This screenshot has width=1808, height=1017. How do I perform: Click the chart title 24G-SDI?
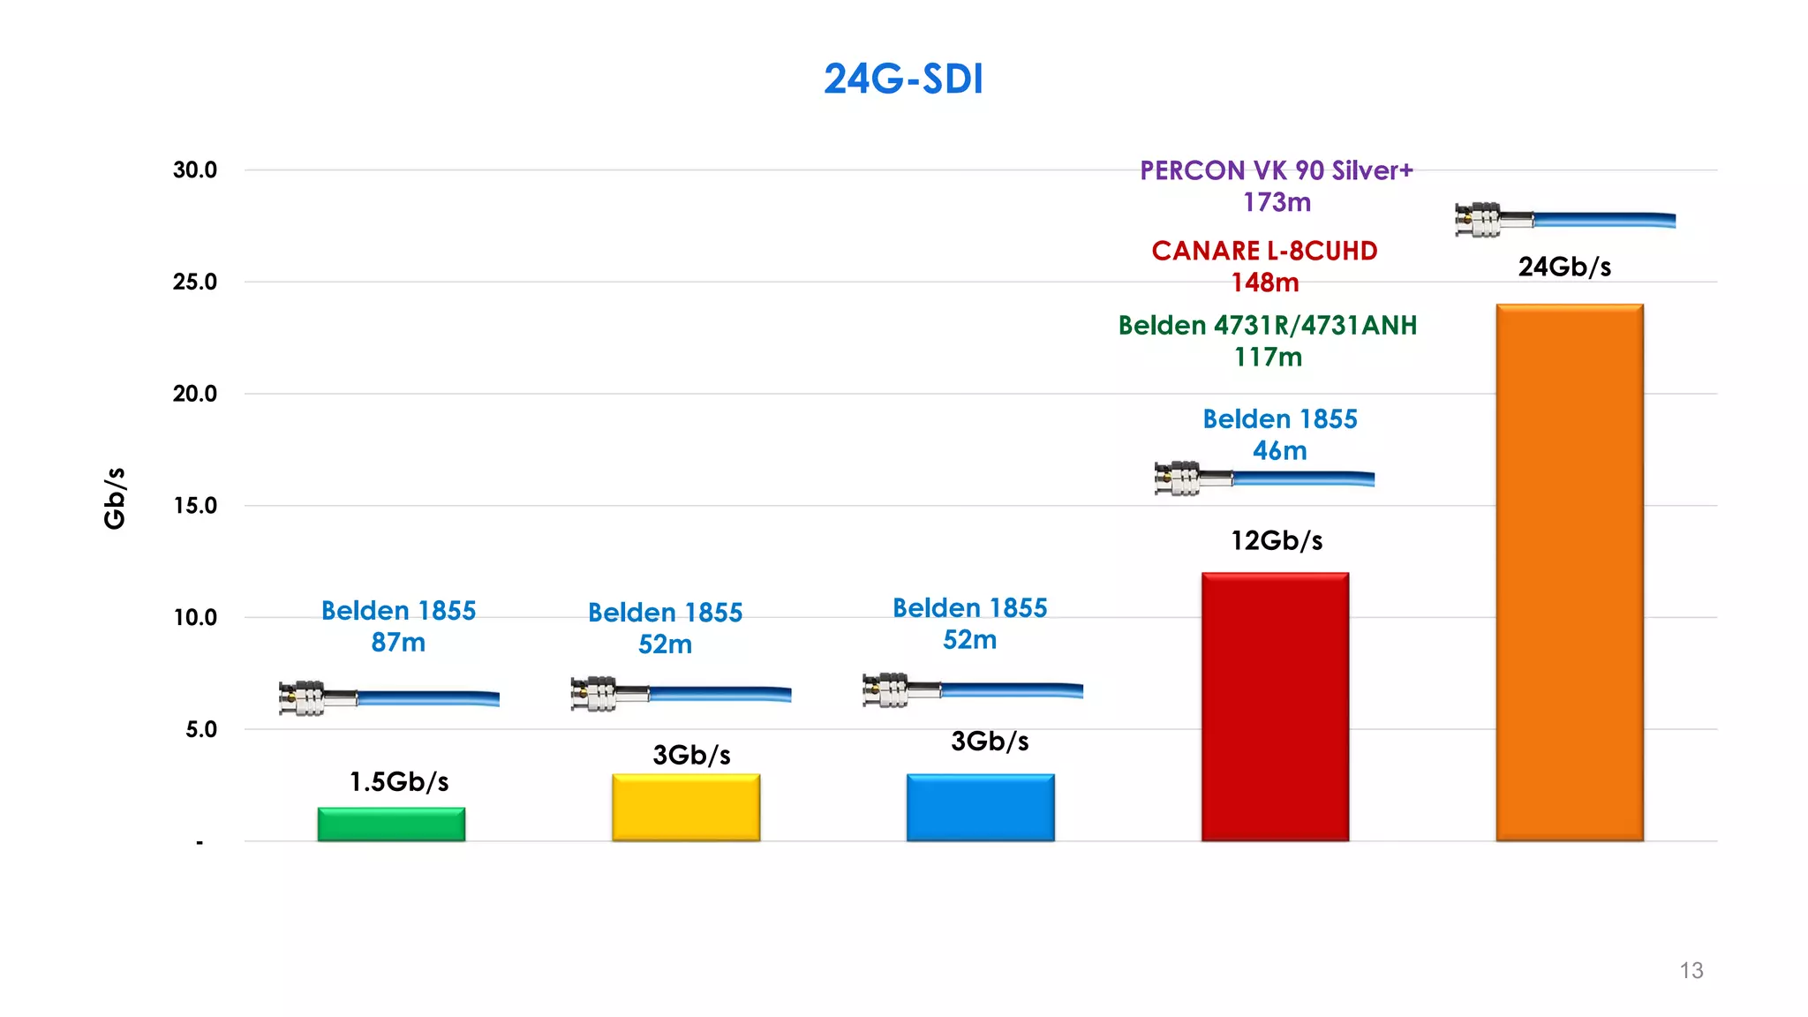pos(903,79)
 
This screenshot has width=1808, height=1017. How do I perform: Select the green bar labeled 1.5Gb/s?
pos(391,825)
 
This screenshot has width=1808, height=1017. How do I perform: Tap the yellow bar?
pos(686,808)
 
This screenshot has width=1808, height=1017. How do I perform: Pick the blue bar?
pos(980,808)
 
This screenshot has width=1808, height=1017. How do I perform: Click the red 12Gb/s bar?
pos(1275,706)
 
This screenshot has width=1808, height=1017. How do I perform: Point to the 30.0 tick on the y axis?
pos(195,170)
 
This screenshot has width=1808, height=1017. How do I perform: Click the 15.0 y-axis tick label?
pos(195,506)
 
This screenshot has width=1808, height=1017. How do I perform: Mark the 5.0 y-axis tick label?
pos(201,730)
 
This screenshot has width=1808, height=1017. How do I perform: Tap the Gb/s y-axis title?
pos(115,499)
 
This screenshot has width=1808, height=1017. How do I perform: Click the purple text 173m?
pos(1277,203)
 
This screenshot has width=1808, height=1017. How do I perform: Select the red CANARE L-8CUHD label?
pos(1264,252)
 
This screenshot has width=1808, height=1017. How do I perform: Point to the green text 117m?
pos(1268,358)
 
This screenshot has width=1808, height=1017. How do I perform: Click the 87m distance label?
pos(398,643)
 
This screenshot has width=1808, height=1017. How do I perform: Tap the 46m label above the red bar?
pos(1279,451)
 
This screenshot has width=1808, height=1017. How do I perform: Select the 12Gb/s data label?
pos(1277,540)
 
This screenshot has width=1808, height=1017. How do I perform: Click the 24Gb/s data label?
pos(1564,267)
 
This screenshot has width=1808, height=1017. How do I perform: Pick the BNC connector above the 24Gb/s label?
pos(1478,220)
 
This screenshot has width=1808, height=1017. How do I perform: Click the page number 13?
pos(1691,970)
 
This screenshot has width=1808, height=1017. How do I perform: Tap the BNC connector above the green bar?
pos(302,698)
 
